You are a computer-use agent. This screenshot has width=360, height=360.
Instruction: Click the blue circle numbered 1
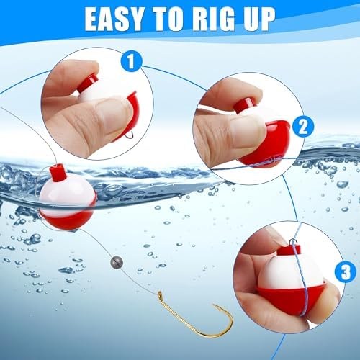(131, 61)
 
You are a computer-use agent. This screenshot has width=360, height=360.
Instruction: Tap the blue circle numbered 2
(303, 126)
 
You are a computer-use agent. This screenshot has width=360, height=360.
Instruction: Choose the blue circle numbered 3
(346, 271)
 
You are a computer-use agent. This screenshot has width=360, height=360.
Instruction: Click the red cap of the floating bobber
(58, 173)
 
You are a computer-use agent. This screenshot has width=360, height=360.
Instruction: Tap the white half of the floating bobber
(65, 197)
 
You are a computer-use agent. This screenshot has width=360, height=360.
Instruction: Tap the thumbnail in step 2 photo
(250, 131)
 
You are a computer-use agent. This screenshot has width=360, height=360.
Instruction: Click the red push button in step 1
(88, 83)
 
